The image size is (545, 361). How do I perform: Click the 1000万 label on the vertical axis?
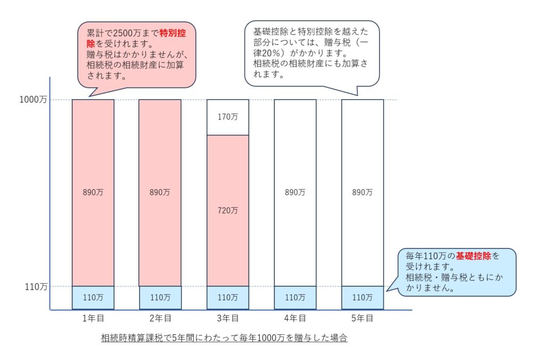tap(34, 100)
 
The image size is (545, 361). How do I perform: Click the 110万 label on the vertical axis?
tap(37, 286)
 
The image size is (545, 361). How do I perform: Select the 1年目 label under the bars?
tap(93, 318)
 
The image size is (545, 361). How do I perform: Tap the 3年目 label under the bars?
tap(227, 318)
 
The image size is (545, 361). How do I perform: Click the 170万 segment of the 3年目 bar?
tap(228, 117)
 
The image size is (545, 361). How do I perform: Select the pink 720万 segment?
tap(228, 210)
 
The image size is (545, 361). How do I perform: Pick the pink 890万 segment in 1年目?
tap(93, 193)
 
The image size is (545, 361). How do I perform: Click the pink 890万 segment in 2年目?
tap(160, 193)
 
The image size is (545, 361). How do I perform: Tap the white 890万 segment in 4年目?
tap(295, 193)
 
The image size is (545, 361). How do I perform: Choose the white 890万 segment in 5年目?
tap(362, 193)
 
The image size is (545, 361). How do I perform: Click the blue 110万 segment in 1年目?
tap(93, 298)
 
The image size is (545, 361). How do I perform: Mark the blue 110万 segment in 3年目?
tap(228, 298)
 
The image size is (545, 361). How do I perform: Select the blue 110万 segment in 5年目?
tap(362, 298)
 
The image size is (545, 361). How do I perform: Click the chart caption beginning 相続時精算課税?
tap(224, 338)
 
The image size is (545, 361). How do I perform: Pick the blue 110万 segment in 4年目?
tap(295, 298)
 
